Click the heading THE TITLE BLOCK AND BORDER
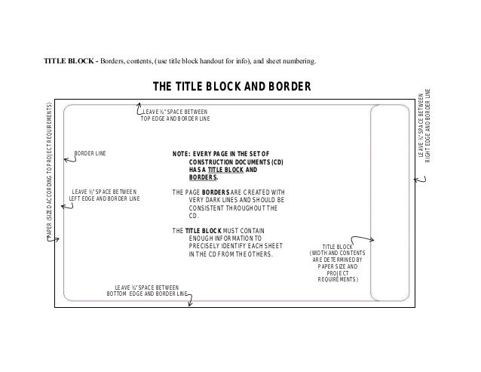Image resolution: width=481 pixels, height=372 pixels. (232, 87)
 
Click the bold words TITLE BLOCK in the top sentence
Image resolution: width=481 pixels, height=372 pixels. (69, 61)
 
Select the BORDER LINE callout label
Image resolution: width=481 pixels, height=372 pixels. (90, 153)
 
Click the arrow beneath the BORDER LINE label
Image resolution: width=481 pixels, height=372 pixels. (70, 159)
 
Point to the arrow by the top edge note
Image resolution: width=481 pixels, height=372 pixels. (139, 109)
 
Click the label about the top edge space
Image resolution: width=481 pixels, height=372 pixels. (175, 115)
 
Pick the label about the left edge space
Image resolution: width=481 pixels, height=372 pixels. (104, 195)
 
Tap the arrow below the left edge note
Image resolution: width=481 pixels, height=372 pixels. (67, 206)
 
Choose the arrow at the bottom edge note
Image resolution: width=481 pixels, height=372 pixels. (190, 300)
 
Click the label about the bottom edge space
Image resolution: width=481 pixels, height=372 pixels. (146, 291)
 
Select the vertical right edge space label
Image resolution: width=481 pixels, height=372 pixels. (424, 125)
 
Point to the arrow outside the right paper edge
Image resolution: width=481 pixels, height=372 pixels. (420, 180)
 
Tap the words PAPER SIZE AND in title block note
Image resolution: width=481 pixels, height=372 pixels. (338, 266)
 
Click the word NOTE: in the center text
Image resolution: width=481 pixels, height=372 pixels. (181, 154)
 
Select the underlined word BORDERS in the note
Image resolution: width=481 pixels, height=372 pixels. (203, 177)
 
